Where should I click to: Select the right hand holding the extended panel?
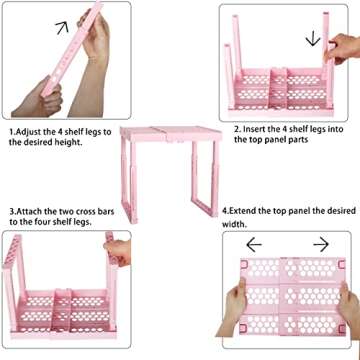[340, 300]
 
